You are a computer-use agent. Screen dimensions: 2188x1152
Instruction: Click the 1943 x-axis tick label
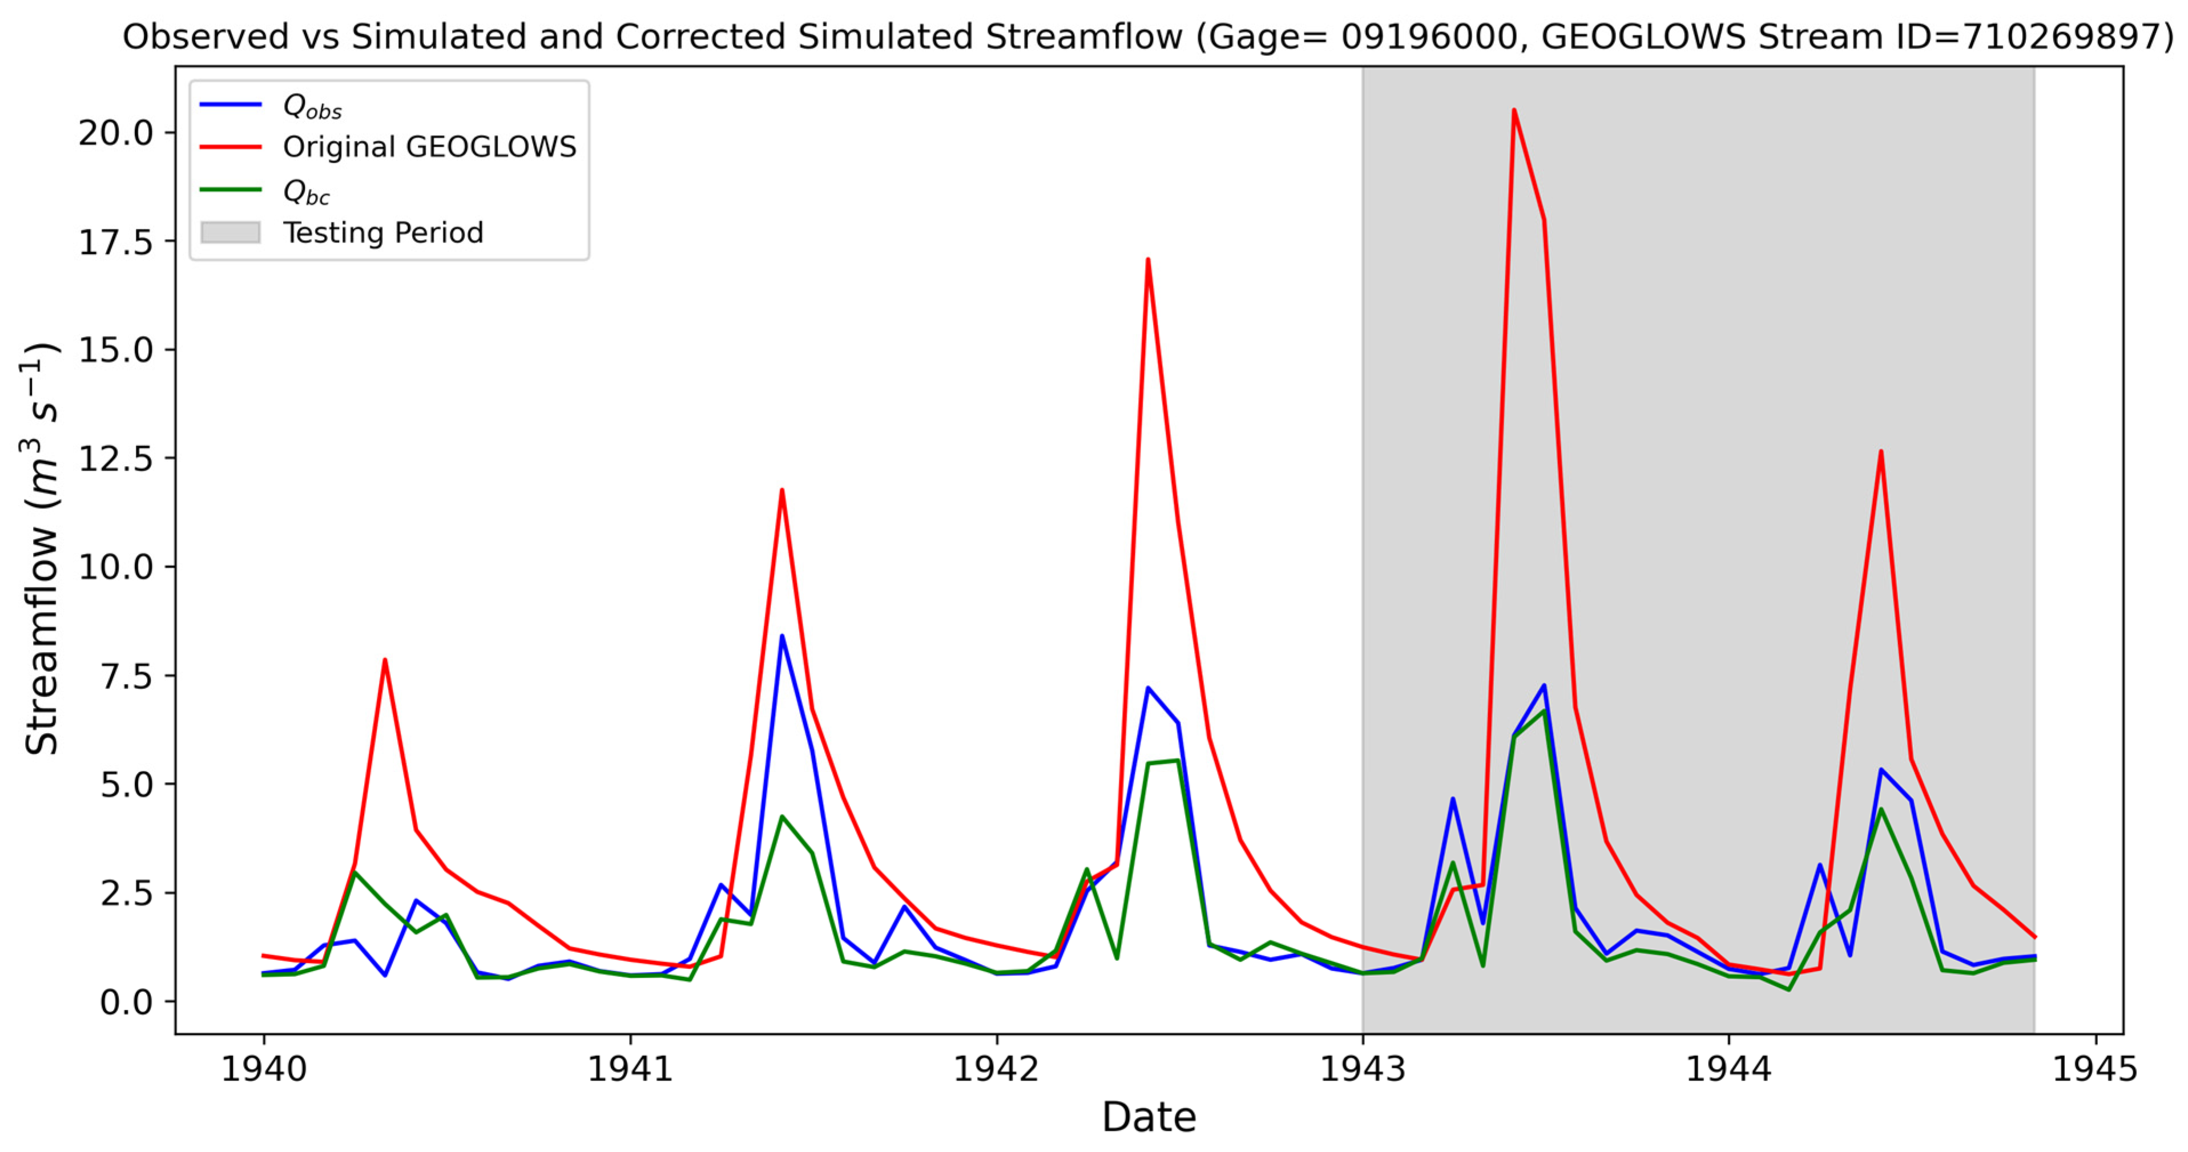[1363, 1069]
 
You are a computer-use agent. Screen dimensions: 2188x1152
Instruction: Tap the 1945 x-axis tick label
[2096, 1069]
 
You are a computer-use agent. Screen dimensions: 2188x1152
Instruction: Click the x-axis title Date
[1149, 1117]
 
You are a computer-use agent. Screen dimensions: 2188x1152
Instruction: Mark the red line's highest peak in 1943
[1514, 110]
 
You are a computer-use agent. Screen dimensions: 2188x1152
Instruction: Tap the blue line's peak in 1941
[781, 636]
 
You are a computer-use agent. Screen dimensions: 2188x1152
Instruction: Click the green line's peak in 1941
[781, 816]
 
